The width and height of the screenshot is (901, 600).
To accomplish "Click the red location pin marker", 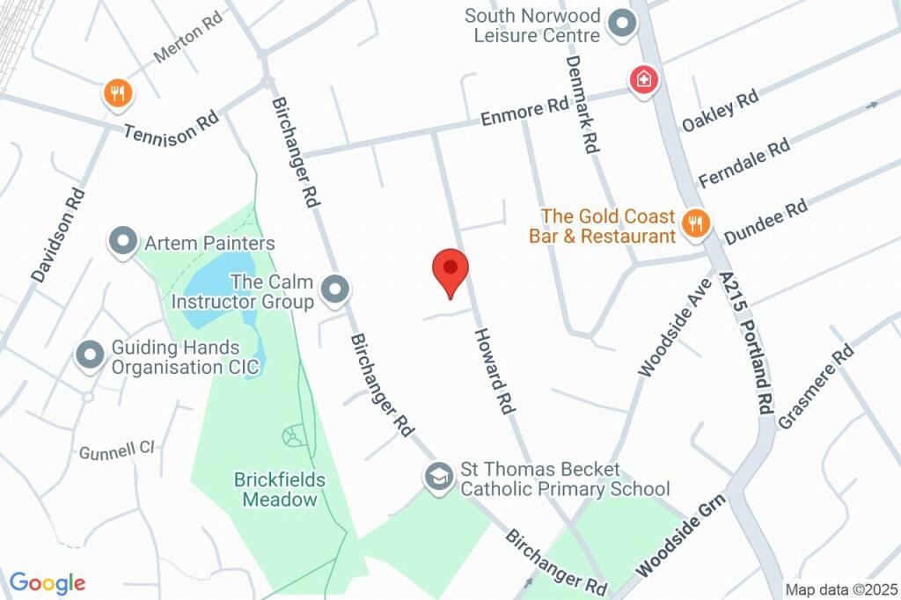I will pyautogui.click(x=450, y=270).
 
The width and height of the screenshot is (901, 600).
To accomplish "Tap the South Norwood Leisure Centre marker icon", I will pyautogui.click(x=623, y=25).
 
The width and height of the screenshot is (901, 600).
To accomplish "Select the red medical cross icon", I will pyautogui.click(x=644, y=80).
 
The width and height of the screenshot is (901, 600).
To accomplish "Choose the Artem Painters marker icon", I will pyautogui.click(x=122, y=241).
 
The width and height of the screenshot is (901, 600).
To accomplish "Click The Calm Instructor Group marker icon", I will pyautogui.click(x=334, y=289).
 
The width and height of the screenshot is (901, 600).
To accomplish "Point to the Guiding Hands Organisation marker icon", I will pyautogui.click(x=90, y=355).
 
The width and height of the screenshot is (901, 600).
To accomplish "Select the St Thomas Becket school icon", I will pyautogui.click(x=437, y=478).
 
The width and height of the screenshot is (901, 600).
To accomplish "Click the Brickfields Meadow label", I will pyautogui.click(x=280, y=490).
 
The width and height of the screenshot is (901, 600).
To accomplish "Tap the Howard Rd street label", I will pyautogui.click(x=494, y=371).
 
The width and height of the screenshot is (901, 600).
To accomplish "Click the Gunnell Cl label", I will pyautogui.click(x=117, y=451).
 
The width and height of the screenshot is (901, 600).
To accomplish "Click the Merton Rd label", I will pyautogui.click(x=187, y=42).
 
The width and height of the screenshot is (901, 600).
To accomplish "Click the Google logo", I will pyautogui.click(x=48, y=582).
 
